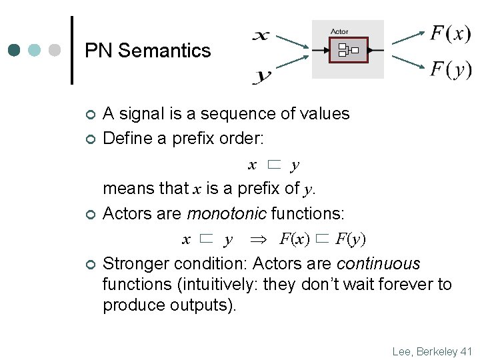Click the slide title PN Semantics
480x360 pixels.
[148, 51]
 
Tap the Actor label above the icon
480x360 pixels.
[339, 31]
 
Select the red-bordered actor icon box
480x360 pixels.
[349, 50]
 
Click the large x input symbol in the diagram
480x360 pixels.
[261, 35]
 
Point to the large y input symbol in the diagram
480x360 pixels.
[263, 76]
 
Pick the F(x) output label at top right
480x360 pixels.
[451, 33]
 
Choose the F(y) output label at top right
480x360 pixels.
[451, 69]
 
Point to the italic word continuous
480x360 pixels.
[379, 263]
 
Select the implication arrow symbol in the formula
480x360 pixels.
[257, 239]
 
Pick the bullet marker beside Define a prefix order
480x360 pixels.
[91, 139]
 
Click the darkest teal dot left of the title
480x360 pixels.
[15, 51]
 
